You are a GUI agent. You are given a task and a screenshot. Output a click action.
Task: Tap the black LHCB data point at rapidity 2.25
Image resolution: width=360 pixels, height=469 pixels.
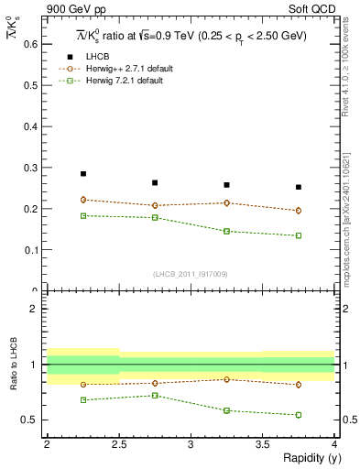click(x=82, y=173)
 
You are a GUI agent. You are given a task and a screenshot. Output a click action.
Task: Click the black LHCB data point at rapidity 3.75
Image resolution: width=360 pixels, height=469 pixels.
click(x=299, y=187)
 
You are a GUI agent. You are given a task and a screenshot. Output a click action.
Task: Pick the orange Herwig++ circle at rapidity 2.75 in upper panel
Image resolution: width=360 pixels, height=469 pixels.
click(x=155, y=205)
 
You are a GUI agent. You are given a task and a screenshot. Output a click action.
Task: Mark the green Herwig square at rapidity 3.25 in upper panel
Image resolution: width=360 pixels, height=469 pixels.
click(x=227, y=231)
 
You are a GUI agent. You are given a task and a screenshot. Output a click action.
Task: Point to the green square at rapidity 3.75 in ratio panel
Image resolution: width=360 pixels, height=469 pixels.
click(x=299, y=415)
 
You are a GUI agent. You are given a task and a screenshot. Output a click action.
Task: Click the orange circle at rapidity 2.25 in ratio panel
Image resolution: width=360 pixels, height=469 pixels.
click(x=82, y=385)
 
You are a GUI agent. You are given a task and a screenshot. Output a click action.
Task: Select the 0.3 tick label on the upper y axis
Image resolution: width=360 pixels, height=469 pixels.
click(x=31, y=168)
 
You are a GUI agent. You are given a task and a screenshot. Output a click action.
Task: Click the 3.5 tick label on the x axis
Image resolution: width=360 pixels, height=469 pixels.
click(x=263, y=443)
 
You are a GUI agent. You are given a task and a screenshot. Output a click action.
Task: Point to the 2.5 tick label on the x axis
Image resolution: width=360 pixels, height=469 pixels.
click(x=118, y=443)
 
